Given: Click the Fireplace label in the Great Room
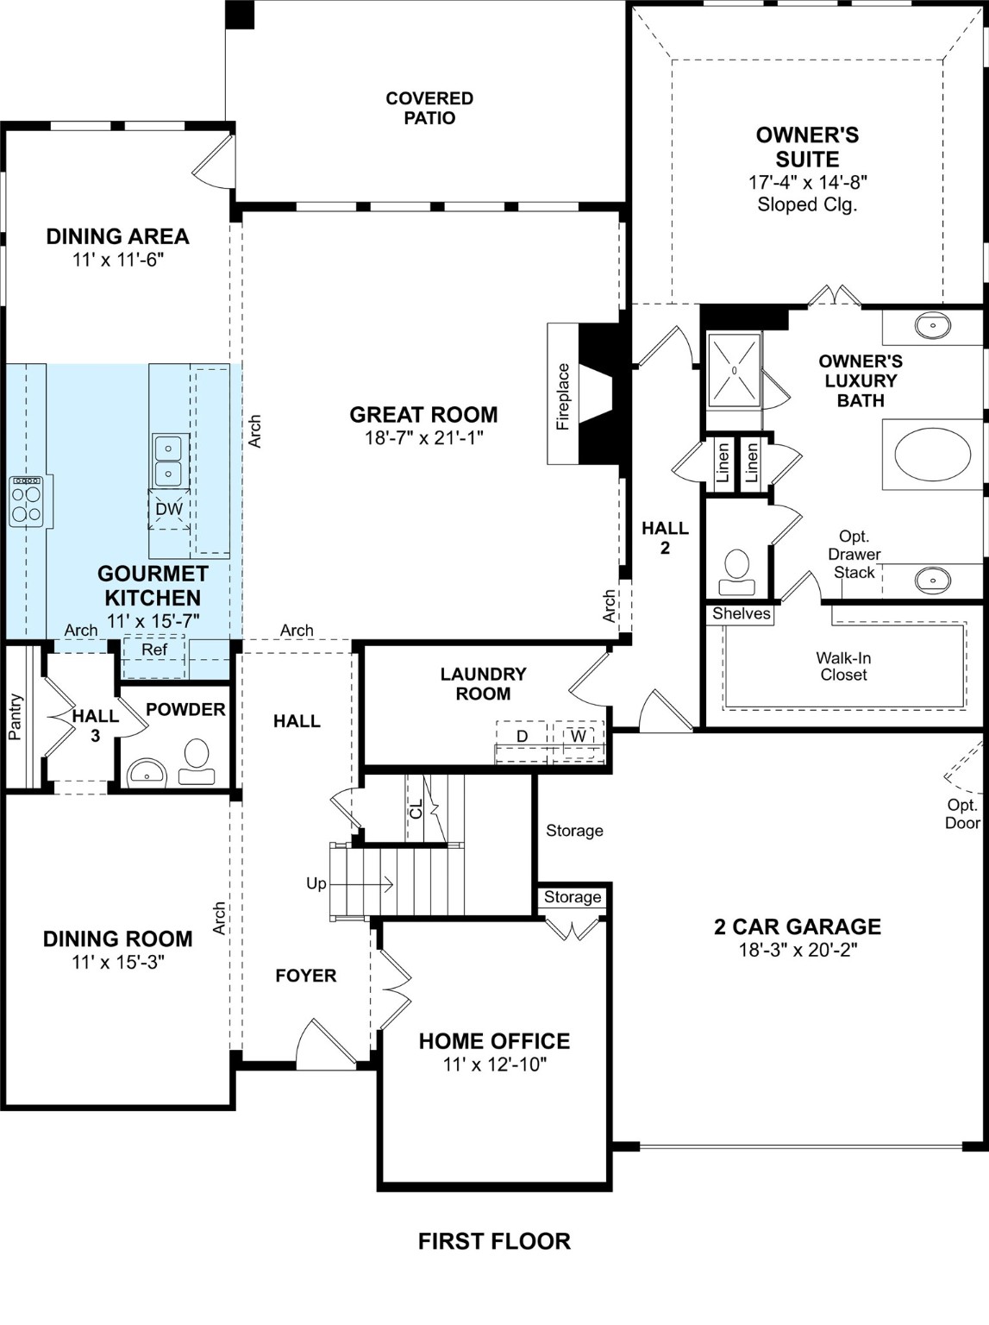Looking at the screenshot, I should click(x=563, y=396).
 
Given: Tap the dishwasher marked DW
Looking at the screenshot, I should click(x=169, y=509).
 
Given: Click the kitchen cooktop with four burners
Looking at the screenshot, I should click(x=26, y=501).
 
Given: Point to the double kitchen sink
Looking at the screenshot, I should click(x=167, y=461).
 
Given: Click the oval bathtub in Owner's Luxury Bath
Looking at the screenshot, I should click(x=926, y=455).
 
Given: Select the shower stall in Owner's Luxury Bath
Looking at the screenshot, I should click(x=734, y=370).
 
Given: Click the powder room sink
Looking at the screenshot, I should click(x=147, y=773).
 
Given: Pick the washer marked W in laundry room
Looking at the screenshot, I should click(x=578, y=738).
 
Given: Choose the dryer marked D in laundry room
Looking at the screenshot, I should click(x=522, y=738).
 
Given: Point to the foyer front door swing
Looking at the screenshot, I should click(x=325, y=1046).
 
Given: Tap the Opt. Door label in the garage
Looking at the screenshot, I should click(x=962, y=813).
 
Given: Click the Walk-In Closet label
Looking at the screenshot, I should click(x=843, y=666).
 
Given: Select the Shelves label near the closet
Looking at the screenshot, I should click(x=741, y=614).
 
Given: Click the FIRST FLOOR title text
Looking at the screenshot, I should click(x=494, y=1241).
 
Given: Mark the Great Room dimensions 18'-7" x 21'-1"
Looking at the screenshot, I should click(x=423, y=438).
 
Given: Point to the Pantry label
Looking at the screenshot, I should click(x=16, y=717).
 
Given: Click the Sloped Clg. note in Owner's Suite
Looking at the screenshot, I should click(x=807, y=205).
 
